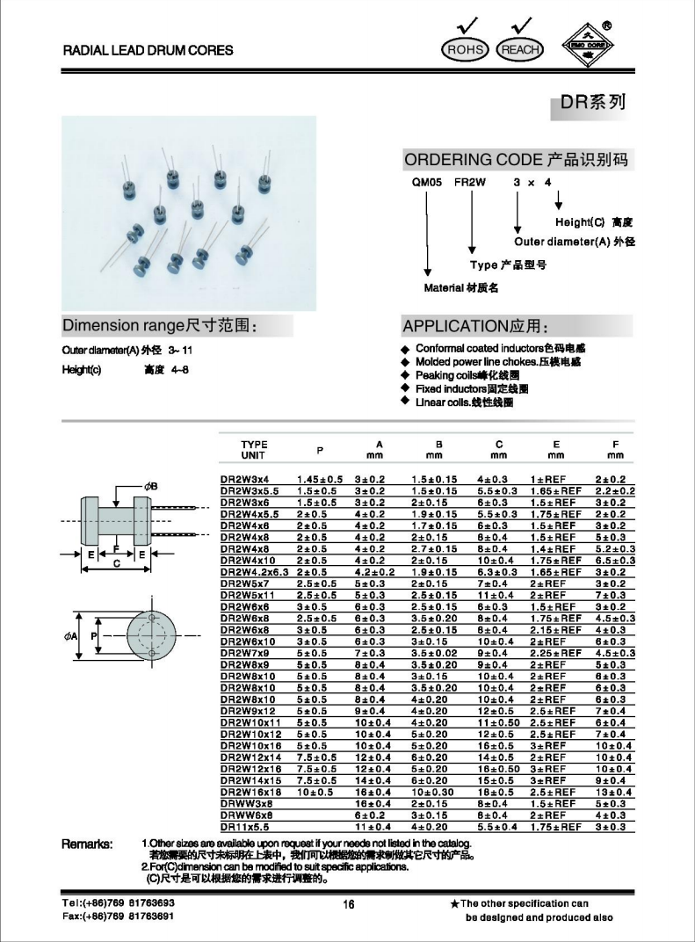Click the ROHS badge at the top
[x=466, y=50]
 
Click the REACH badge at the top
[x=520, y=50]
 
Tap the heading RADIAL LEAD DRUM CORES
[x=148, y=50]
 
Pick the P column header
[x=320, y=450]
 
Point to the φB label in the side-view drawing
[x=150, y=486]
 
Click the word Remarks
[x=87, y=844]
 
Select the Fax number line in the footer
[x=118, y=917]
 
